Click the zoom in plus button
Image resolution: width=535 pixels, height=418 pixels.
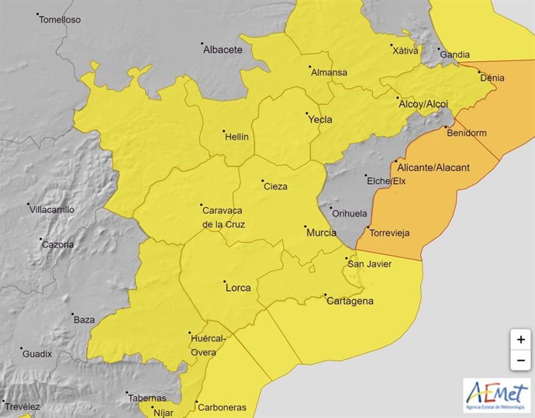click(x=520, y=340)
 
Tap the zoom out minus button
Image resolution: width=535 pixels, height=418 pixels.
click(x=520, y=361)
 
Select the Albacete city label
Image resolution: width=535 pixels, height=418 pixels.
click(x=223, y=50)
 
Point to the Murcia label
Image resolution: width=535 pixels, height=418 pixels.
click(x=321, y=233)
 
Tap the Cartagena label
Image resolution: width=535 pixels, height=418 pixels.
click(x=350, y=301)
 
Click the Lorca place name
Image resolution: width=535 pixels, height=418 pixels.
click(x=237, y=288)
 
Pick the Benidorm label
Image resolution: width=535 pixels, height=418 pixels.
click(x=467, y=133)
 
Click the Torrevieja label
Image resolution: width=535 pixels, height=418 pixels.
click(x=389, y=233)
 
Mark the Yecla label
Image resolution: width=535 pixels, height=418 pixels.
click(x=319, y=119)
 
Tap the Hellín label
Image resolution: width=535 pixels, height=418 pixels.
click(x=236, y=136)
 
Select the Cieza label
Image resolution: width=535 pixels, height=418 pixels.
click(x=275, y=186)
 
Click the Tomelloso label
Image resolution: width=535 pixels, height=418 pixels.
click(x=60, y=19)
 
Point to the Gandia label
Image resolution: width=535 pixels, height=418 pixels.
click(x=454, y=55)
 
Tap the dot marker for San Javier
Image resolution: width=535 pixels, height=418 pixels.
click(x=347, y=257)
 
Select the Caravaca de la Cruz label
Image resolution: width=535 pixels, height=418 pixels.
click(x=225, y=217)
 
